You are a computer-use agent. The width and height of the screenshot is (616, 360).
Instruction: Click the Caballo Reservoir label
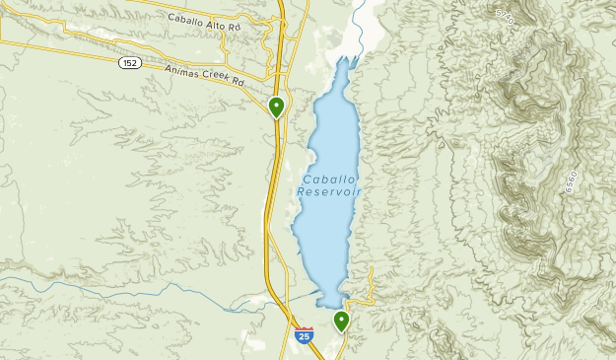(x=328, y=185)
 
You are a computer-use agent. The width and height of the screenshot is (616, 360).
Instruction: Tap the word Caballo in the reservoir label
(x=326, y=179)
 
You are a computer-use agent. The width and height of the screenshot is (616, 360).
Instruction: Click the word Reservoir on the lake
(x=328, y=192)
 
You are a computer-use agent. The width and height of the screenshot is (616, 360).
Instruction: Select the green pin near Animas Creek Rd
(x=277, y=107)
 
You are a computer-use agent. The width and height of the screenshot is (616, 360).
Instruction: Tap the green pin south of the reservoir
(x=341, y=321)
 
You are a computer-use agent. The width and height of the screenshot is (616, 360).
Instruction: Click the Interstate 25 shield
(x=304, y=335)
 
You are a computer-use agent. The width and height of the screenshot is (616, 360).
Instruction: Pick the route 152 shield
(x=130, y=62)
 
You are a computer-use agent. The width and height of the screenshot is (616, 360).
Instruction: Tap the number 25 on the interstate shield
(x=304, y=337)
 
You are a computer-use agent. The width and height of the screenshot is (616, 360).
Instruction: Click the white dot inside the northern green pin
(x=277, y=104)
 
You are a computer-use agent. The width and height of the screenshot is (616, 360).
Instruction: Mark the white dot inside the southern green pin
(x=341, y=318)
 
